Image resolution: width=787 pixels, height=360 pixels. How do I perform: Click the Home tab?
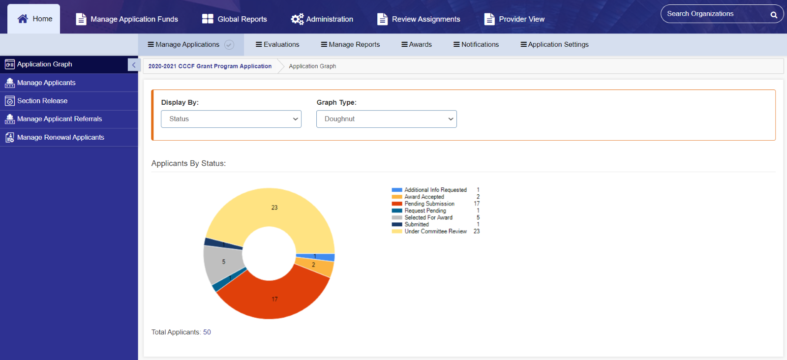click(34, 19)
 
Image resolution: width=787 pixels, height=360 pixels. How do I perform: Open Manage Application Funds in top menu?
click(127, 19)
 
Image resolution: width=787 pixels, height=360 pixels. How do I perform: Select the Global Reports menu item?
click(234, 19)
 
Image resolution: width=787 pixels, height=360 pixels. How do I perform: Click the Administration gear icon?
click(297, 19)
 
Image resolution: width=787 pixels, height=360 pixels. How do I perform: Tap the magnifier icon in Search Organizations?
click(774, 14)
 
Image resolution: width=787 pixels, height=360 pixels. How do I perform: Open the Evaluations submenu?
click(277, 45)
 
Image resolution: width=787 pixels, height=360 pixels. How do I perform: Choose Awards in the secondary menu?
click(417, 45)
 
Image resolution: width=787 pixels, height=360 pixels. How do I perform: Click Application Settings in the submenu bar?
click(554, 45)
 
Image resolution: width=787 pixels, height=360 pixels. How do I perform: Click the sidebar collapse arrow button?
click(134, 64)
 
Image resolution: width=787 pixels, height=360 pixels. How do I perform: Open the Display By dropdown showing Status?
click(231, 119)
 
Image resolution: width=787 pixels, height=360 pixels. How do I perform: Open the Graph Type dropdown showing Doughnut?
click(387, 119)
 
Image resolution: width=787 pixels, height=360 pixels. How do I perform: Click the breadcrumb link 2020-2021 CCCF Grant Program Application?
click(210, 66)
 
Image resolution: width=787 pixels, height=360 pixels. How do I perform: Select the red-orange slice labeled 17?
click(275, 299)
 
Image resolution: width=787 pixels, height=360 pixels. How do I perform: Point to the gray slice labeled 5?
click(223, 262)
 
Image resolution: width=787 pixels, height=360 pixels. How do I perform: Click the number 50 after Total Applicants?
click(207, 332)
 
